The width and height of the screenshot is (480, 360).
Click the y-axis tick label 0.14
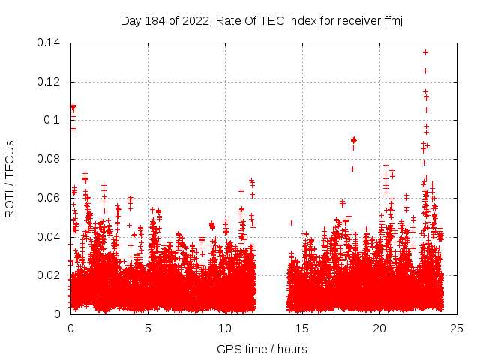point(49,43)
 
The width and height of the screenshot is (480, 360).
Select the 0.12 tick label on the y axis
point(49,82)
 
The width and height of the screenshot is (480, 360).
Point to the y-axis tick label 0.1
point(54,120)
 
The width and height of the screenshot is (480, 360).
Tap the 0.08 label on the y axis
point(49,159)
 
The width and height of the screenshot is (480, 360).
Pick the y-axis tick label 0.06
point(49,198)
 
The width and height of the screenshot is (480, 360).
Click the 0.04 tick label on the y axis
point(49,237)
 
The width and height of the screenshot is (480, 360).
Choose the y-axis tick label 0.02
point(49,275)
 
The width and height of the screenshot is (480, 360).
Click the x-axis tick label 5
point(148,328)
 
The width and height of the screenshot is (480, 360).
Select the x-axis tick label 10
point(225,328)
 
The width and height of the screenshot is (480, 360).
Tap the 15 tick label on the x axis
point(302,328)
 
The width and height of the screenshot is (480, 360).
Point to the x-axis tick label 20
point(379,328)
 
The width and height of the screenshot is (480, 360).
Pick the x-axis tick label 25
point(457,328)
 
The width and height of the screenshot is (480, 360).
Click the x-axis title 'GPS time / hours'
point(262,349)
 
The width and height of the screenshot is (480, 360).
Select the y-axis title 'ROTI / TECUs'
point(10,178)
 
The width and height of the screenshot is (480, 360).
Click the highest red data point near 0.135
point(426,52)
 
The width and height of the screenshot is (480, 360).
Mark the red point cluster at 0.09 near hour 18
point(354,140)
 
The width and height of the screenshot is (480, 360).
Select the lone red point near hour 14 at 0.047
point(291,223)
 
